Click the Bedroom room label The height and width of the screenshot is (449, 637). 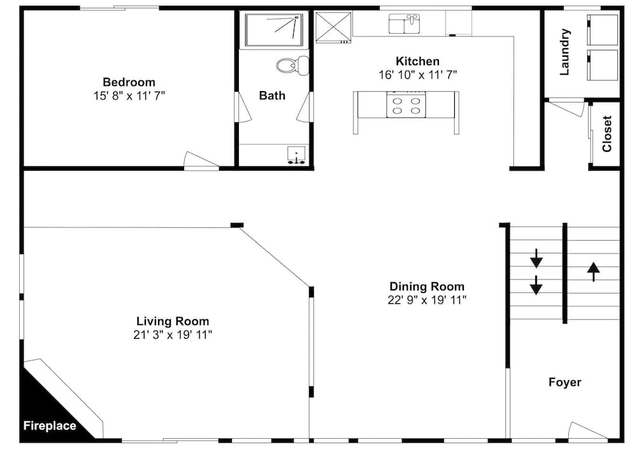129,82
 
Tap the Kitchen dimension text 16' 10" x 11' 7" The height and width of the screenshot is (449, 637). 418,75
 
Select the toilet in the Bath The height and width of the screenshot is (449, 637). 292,66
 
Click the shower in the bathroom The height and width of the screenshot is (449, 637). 274,30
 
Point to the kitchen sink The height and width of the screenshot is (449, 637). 404,24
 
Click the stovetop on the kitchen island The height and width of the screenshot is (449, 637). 406,105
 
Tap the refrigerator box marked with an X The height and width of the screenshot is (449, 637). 333,27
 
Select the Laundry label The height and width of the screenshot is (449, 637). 564,52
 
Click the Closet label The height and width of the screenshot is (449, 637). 607,134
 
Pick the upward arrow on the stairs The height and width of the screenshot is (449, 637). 594,272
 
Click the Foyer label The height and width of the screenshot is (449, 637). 564,382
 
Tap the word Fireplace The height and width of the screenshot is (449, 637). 50,426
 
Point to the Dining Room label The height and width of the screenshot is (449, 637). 427,287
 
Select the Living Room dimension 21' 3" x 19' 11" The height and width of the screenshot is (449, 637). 173,335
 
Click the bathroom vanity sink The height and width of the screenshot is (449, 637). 297,155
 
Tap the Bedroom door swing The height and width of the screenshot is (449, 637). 201,160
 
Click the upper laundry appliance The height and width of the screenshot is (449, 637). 603,30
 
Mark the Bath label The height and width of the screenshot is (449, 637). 272,96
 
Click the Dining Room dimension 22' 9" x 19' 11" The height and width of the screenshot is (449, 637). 427,300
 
